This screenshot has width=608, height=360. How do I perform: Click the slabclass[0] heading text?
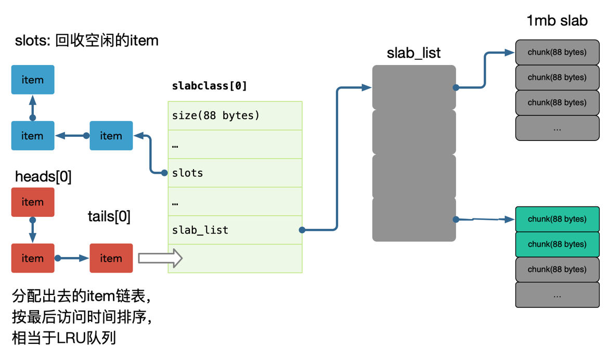(x=210, y=86)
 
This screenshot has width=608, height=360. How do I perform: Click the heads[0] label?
(x=43, y=177)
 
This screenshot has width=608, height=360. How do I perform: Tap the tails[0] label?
(x=109, y=215)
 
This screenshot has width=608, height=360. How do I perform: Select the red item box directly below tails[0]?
(x=111, y=258)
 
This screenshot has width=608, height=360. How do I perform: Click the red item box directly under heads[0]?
(x=32, y=202)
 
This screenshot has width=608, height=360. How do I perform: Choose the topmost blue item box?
(x=32, y=80)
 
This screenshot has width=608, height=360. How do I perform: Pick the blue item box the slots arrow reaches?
(x=111, y=136)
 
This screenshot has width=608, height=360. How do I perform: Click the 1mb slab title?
(x=557, y=21)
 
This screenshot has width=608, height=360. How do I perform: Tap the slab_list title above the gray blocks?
(x=413, y=53)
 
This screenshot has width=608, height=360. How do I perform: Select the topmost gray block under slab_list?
(x=414, y=87)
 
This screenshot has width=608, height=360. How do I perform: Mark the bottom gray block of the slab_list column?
(x=414, y=220)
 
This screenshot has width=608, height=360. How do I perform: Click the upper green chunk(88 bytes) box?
(x=557, y=219)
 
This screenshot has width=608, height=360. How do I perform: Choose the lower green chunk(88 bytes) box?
(x=557, y=244)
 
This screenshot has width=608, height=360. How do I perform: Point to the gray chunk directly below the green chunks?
(x=557, y=269)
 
